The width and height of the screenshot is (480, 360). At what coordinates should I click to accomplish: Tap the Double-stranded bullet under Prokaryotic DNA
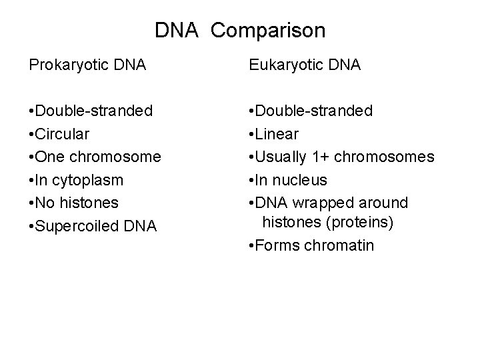90,110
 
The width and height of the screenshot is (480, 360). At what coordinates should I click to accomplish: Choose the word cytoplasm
90,180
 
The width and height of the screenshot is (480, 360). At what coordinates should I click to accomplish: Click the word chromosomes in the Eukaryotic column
384,157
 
